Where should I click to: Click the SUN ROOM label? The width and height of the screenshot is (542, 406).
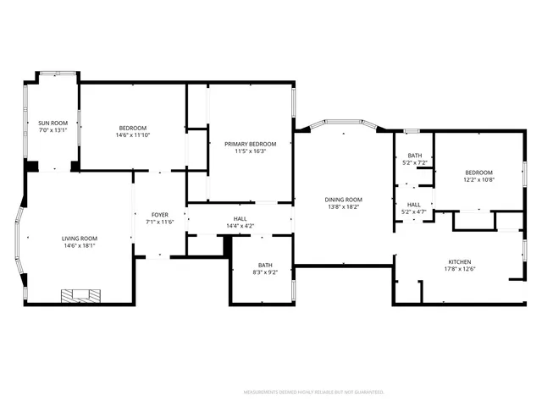53,123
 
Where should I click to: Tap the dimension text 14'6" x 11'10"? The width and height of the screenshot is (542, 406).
132,134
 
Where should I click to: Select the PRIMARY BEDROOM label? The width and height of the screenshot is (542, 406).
251,144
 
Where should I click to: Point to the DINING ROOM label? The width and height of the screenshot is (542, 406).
344,200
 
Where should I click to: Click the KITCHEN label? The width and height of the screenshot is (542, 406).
459,262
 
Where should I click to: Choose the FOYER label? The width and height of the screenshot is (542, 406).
159,215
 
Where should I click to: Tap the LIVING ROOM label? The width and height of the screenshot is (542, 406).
79,239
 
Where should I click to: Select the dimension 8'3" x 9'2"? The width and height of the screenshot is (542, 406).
266,272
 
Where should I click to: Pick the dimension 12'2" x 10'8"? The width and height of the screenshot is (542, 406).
478,179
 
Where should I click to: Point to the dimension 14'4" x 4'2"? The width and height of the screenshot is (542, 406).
240,226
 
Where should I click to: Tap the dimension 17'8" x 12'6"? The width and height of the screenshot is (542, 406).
459,270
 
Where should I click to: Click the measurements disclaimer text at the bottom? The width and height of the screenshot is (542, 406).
314,392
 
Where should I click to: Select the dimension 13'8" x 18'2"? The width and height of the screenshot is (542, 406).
344,207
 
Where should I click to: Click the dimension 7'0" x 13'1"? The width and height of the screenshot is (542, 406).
53,130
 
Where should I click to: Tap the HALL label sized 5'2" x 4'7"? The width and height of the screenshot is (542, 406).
414,205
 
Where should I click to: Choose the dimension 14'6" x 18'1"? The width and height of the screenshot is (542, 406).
79,246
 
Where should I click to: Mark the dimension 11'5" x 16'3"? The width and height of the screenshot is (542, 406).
251,151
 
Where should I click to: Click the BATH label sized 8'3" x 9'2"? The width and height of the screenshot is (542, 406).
266,265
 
